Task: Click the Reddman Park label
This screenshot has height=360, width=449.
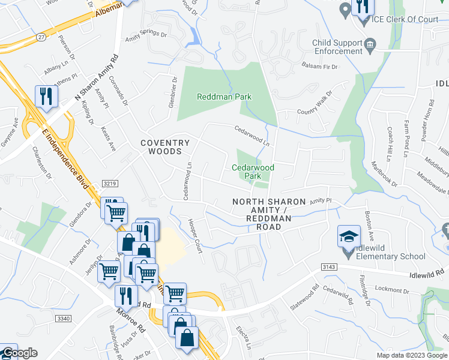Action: pos(224,97)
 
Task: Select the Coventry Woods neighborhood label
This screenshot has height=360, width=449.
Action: pos(165,147)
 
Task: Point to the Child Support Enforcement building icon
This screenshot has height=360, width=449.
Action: pos(370,44)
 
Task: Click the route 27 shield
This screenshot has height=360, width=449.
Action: pos(40,37)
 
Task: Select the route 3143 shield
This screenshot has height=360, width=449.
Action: pos(328,267)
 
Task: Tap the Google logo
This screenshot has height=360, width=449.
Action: pos(19,353)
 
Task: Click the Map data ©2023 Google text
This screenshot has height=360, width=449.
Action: pos(412,355)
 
